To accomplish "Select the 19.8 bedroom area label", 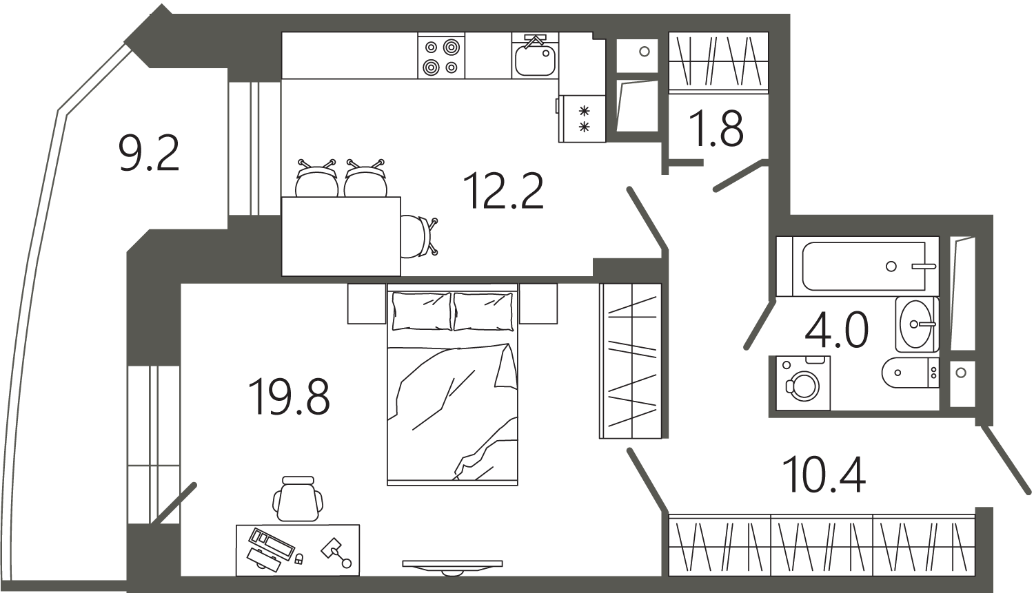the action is point(289,396).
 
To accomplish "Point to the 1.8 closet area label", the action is point(716,128).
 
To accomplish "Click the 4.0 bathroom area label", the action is point(836,330).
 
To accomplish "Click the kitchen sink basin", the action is point(535,60).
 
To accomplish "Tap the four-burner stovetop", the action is point(441,55).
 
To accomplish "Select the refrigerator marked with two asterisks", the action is point(582,118).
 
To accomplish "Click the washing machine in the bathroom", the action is point(803,383).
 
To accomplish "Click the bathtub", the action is point(858,266).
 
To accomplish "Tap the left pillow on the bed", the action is point(421,311).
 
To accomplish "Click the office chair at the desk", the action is point(298,499).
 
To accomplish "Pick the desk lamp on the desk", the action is point(336,553).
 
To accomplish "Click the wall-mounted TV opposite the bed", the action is point(452,567).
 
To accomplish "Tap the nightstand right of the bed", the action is point(538,304).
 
